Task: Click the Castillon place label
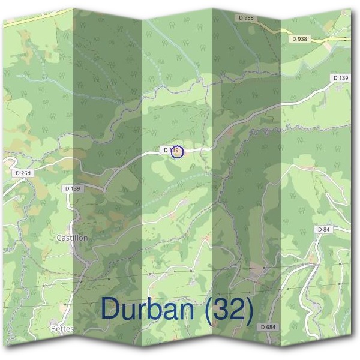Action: pos(72,238)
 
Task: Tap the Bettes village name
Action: pos(62,329)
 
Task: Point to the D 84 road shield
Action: pos(324,230)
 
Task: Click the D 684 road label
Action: pos(268,327)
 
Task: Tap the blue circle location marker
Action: pos(176,152)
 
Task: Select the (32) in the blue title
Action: pos(229,308)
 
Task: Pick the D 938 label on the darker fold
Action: pos(248,18)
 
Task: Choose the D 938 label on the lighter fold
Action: pos(299,39)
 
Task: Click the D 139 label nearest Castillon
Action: pos(73,188)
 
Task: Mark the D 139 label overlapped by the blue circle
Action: pos(170,149)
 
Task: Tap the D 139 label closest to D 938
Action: pos(340,78)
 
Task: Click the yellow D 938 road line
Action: pos(336,40)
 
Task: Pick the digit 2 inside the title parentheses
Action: pos(238,308)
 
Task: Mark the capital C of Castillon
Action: pos(59,238)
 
